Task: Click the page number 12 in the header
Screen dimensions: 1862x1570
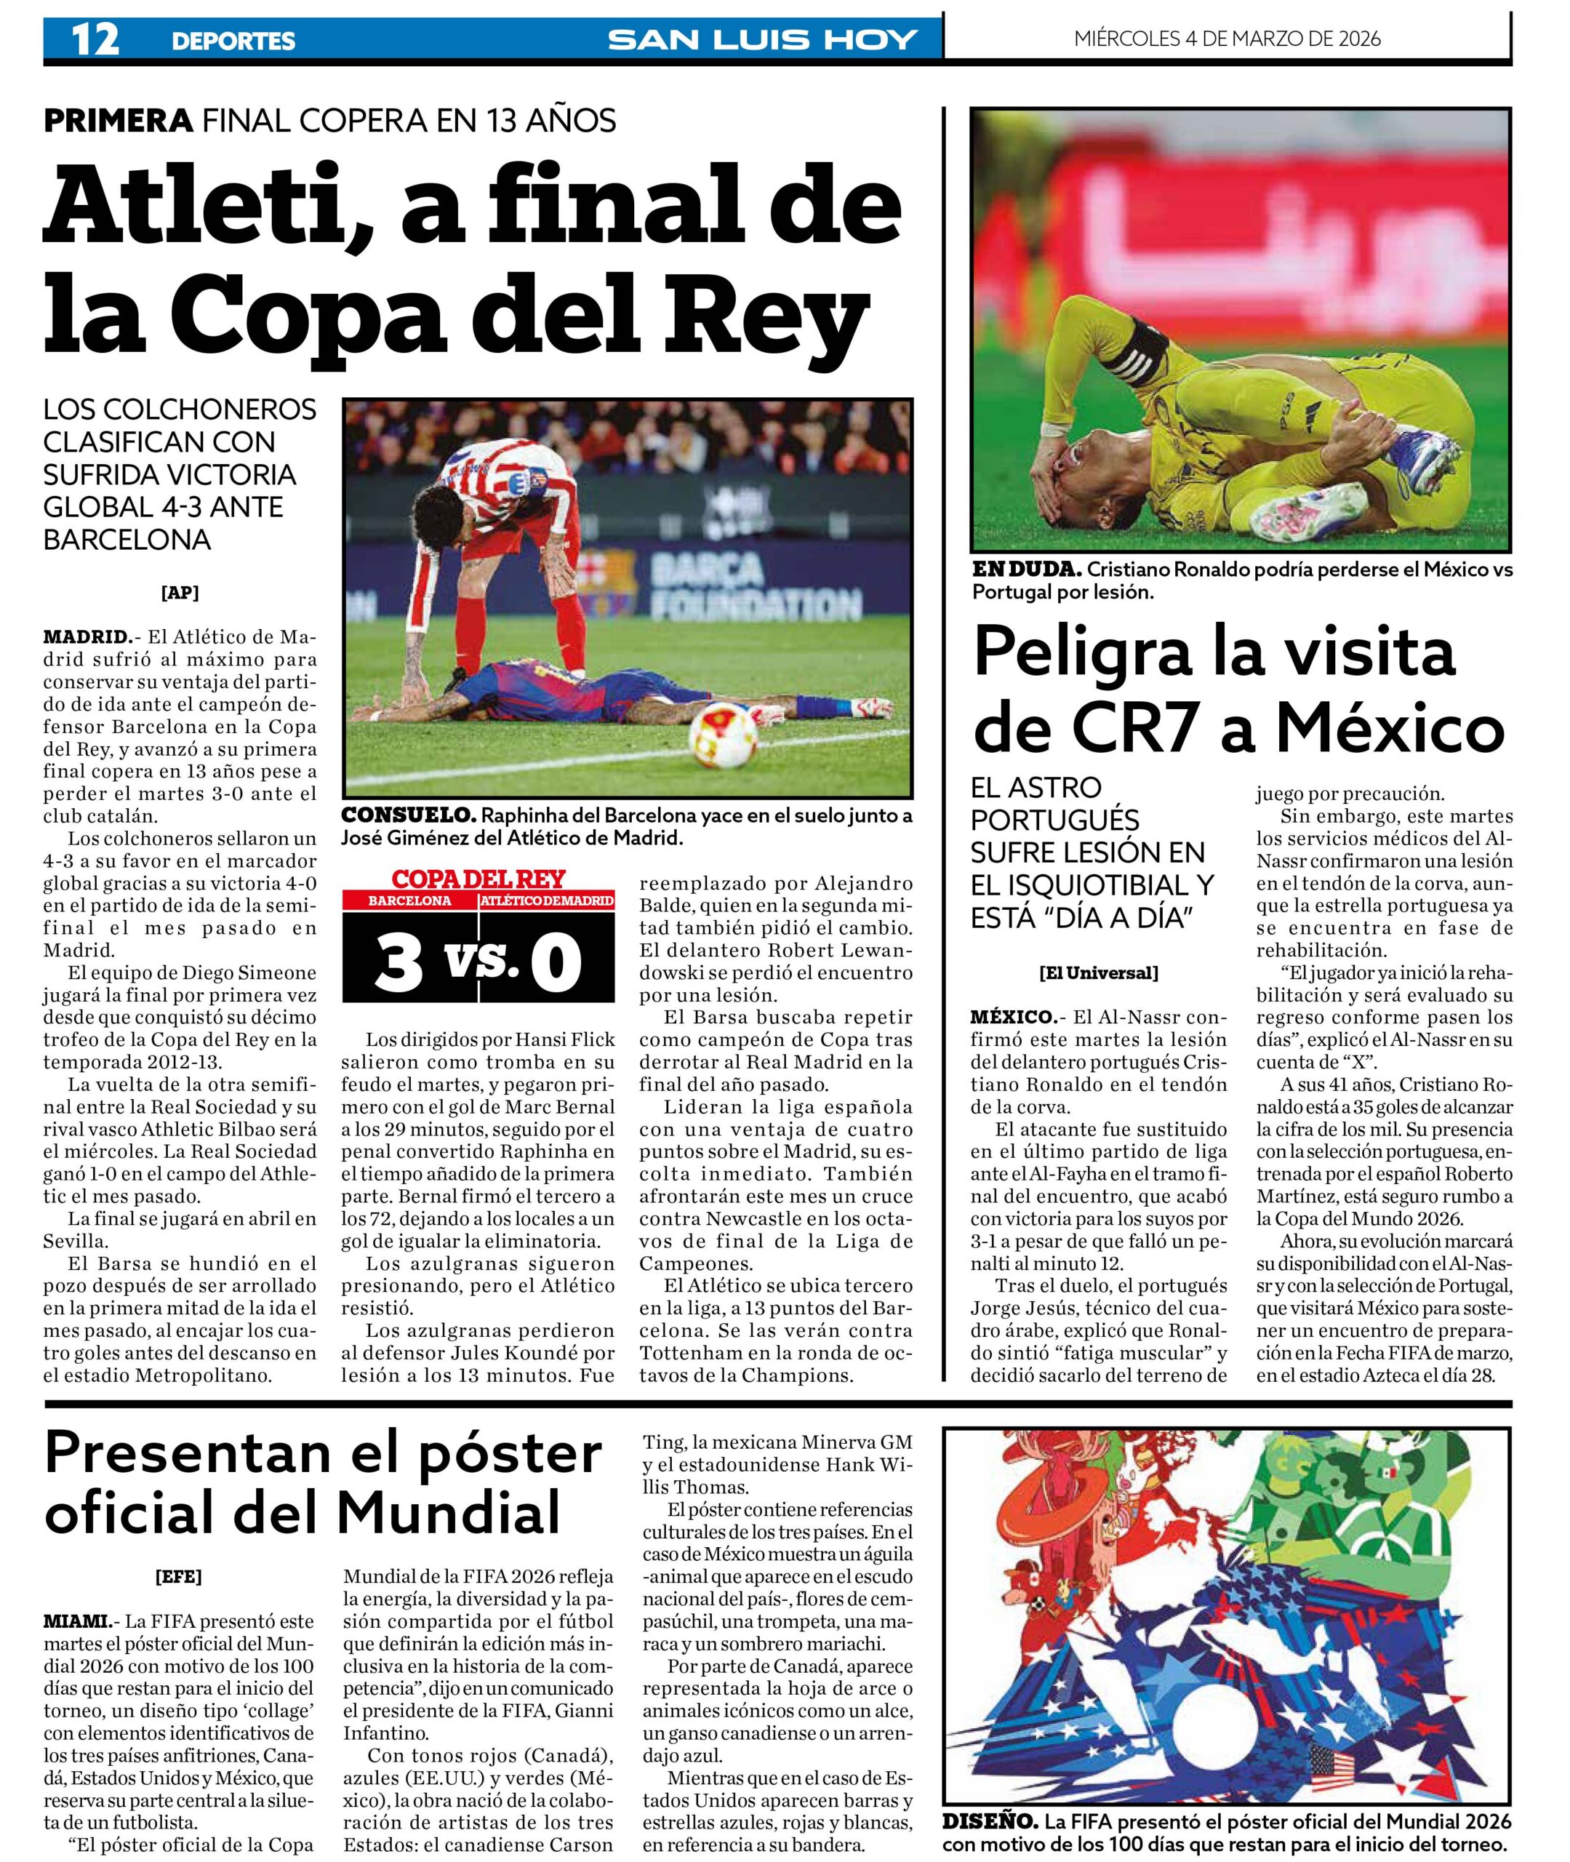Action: (x=95, y=40)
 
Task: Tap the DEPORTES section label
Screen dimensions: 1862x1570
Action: (x=233, y=41)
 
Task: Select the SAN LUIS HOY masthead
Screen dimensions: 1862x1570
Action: (x=762, y=40)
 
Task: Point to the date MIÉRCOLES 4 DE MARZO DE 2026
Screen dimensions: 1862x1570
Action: (x=1227, y=39)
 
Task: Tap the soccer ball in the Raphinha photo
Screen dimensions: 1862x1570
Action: (x=723, y=736)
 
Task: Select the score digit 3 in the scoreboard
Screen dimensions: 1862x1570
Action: (x=398, y=964)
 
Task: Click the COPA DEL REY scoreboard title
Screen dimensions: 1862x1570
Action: (x=478, y=879)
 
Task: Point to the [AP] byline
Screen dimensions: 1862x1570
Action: (x=180, y=593)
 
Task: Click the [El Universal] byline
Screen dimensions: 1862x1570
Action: (x=1100, y=973)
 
